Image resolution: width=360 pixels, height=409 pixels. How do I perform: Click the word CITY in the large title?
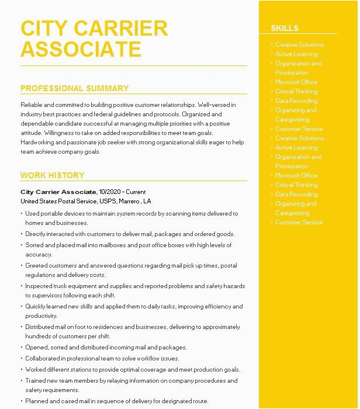coord(46,28)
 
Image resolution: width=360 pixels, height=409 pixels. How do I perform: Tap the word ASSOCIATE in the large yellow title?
coord(81,50)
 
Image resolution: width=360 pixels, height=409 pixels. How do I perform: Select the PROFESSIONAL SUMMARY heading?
coord(74,89)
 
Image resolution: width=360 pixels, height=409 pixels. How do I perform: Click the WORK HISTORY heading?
coord(52,175)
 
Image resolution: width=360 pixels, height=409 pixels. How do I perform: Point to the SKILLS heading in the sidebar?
coord(285,28)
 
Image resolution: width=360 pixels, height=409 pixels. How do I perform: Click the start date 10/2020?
coord(110,192)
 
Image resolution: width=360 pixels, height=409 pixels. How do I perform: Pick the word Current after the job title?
coord(136,192)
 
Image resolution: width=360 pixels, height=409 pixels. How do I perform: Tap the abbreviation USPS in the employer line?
coord(108,201)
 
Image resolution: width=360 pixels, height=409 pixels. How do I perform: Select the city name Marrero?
coord(131,201)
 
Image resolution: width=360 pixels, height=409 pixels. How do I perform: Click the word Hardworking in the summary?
coord(38,143)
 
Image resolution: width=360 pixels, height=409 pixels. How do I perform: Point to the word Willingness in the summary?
coord(53,133)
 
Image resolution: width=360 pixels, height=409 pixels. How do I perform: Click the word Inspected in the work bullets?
coord(39,286)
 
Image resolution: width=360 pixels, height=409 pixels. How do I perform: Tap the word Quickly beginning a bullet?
coord(37,306)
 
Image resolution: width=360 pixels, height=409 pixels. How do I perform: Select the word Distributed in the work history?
coord(41,327)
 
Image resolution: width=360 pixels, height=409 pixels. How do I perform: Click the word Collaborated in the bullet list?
coord(43,358)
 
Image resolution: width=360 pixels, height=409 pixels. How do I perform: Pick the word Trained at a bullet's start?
coord(36,380)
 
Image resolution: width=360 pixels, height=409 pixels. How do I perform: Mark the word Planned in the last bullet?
coord(37,401)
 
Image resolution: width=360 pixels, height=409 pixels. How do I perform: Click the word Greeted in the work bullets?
coord(37,265)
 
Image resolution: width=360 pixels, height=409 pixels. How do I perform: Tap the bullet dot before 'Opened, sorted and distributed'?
coord(22,348)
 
